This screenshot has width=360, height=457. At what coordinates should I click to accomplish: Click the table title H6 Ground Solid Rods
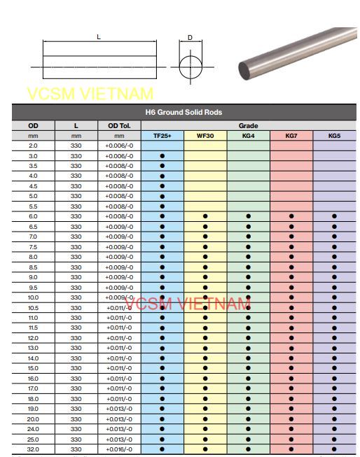tap(184, 112)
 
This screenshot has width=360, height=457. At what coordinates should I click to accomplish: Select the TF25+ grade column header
tap(162, 136)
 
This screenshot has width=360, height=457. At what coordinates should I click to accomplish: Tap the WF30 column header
tap(205, 136)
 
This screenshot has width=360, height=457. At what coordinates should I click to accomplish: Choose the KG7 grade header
tap(291, 136)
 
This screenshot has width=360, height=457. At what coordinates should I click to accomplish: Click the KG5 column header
tap(334, 136)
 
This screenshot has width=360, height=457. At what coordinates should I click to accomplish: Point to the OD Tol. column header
tap(119, 126)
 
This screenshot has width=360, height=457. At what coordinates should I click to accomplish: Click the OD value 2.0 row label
tap(33, 146)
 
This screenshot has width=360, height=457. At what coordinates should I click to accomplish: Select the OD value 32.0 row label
tap(33, 449)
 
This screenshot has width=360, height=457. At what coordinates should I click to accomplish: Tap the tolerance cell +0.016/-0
tap(119, 449)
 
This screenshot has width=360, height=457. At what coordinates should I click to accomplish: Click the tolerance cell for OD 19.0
tap(119, 409)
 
